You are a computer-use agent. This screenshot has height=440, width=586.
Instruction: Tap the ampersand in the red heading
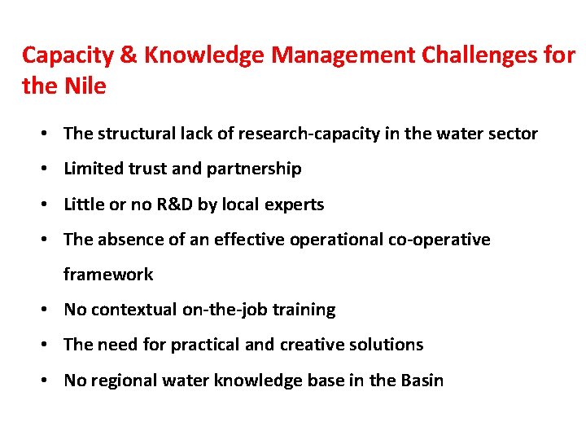pyautogui.click(x=129, y=55)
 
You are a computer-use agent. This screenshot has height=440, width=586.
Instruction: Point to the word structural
pyautogui.click(x=135, y=134)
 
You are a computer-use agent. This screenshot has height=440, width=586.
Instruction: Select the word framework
pyautogui.click(x=108, y=275)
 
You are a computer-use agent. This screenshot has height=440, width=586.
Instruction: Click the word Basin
pyautogui.click(x=422, y=381)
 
